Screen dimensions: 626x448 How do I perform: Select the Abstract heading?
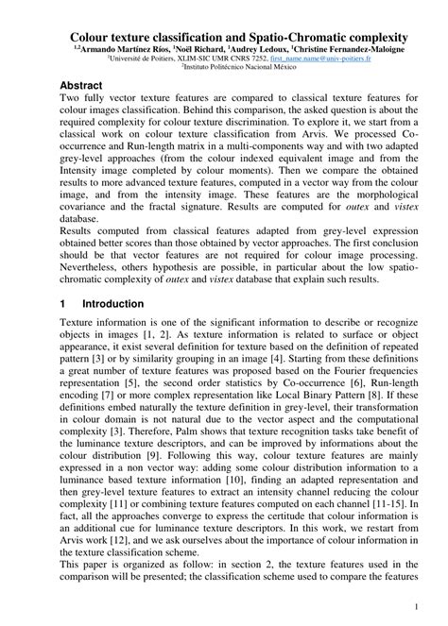80,85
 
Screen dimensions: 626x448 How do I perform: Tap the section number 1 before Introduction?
62,304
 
